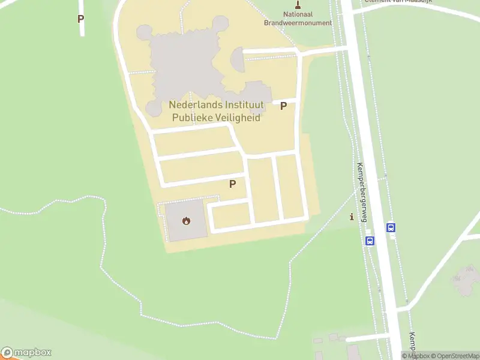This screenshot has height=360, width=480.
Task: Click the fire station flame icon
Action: (x=187, y=220)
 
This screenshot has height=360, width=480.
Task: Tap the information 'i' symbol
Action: (x=352, y=217)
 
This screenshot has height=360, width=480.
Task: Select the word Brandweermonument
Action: (x=298, y=23)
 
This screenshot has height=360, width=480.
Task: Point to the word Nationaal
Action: (x=298, y=14)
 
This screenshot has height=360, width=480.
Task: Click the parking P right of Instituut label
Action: (x=284, y=106)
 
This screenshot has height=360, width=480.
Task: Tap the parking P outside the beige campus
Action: (x=80, y=19)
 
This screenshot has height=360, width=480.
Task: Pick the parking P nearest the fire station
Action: (x=232, y=184)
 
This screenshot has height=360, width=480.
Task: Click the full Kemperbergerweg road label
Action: (x=362, y=192)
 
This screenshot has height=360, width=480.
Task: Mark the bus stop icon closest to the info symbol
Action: (x=370, y=241)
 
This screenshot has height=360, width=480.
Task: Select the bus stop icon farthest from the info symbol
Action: (x=391, y=227)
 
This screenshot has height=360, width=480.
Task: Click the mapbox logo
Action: (x=26, y=353)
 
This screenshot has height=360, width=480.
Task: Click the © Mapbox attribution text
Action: (x=418, y=356)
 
